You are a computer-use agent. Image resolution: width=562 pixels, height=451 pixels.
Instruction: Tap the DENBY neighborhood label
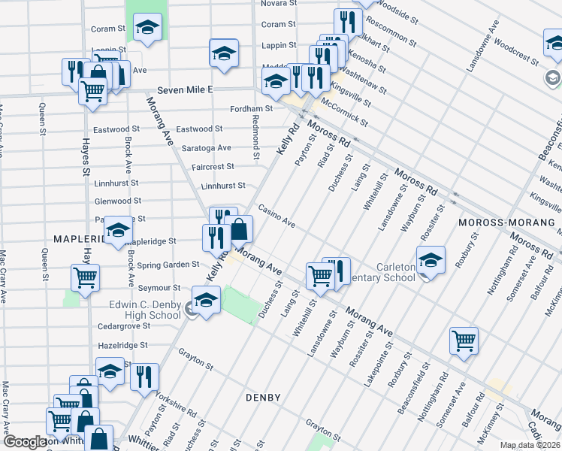263,397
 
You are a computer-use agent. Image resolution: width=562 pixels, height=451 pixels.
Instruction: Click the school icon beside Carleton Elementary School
431,260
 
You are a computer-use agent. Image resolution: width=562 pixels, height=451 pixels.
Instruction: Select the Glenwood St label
118,201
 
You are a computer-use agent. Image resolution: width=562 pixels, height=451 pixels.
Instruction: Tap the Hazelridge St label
122,345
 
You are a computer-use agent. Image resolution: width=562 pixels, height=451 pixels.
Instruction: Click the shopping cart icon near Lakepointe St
464,340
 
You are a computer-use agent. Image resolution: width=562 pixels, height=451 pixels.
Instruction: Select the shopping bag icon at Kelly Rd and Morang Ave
239,229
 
